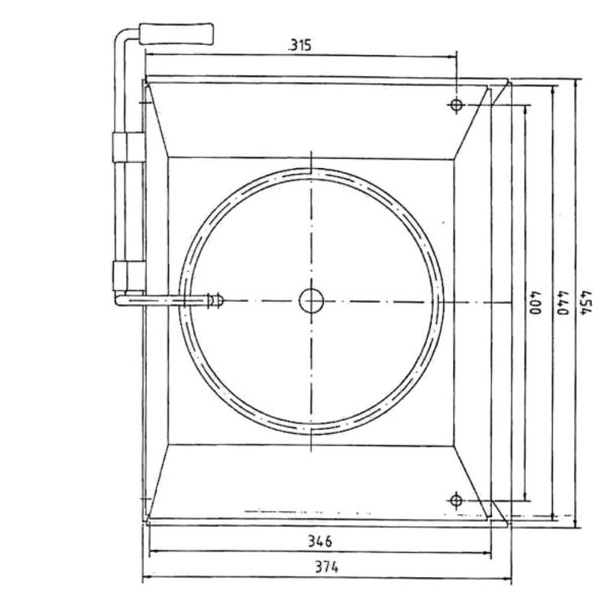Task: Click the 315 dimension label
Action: pyautogui.click(x=300, y=46)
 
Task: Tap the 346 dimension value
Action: pyautogui.click(x=320, y=541)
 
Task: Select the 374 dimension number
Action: pyautogui.click(x=327, y=567)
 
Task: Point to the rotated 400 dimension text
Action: pyautogui.click(x=535, y=302)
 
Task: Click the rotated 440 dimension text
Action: pyautogui.click(x=563, y=302)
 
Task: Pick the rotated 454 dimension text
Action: pyautogui.click(x=587, y=302)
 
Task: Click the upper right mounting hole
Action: pyautogui.click(x=456, y=105)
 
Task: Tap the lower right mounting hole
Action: pyautogui.click(x=456, y=500)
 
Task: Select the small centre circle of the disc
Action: pyautogui.click(x=312, y=301)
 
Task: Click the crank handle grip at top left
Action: pyautogui.click(x=176, y=34)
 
